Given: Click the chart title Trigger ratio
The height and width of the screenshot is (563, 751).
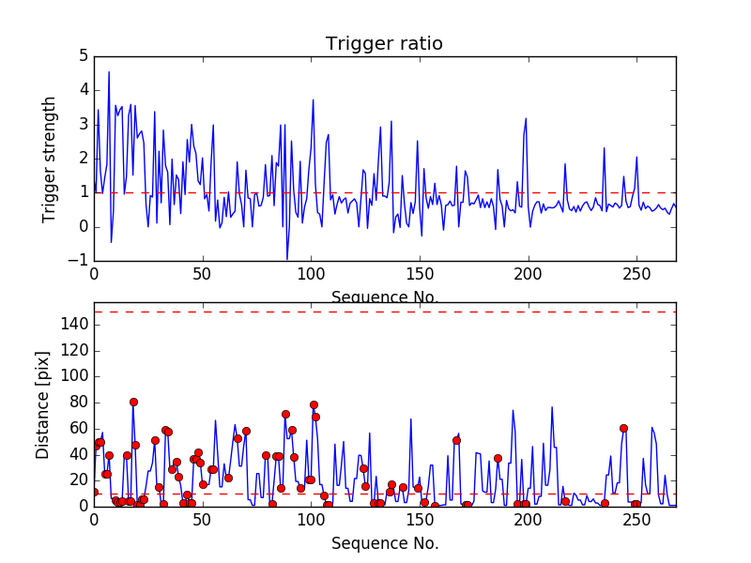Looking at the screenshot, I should (x=384, y=44).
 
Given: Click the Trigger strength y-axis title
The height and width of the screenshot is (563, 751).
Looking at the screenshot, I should (x=50, y=159).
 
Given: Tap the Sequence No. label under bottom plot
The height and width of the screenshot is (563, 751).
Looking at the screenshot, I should (x=385, y=543).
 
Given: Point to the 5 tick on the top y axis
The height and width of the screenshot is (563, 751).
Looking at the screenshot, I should (x=83, y=56).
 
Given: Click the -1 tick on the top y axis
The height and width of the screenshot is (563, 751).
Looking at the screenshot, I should (x=80, y=261).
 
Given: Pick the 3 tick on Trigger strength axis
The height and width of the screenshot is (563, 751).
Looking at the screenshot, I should (x=83, y=125).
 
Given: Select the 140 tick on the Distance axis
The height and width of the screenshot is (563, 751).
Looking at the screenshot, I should (x=73, y=325).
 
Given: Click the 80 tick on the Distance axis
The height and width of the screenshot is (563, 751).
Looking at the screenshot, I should (x=77, y=403).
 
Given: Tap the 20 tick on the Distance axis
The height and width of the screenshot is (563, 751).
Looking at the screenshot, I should (x=77, y=480).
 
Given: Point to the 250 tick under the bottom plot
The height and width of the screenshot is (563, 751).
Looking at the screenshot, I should (x=636, y=520).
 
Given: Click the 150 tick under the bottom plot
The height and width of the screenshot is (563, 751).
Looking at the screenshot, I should (x=420, y=520).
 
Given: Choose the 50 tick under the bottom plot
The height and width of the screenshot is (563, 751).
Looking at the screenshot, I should (x=202, y=520).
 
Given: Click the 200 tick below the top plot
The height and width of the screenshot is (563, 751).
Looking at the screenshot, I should (x=529, y=275).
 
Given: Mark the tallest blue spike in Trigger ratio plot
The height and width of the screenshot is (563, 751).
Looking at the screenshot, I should (x=109, y=72).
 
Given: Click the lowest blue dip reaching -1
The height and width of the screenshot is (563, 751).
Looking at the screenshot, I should (x=287, y=259).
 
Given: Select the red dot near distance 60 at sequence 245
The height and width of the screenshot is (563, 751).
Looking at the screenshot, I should (x=623, y=428).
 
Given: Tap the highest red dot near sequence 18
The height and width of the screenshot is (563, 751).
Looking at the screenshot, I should (x=133, y=402).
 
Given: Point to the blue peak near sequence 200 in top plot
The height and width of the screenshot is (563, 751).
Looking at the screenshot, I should (x=527, y=118).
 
